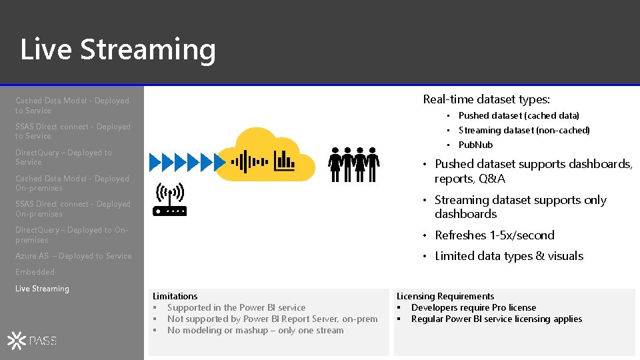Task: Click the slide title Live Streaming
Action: (118, 50)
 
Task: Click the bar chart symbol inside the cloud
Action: (285, 160)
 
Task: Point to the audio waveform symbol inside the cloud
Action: (249, 161)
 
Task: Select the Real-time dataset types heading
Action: (486, 100)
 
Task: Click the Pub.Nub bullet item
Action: (475, 145)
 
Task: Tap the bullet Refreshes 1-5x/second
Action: (494, 235)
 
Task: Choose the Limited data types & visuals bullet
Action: (509, 256)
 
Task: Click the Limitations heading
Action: (175, 296)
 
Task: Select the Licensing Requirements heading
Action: (445, 296)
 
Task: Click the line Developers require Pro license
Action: (473, 307)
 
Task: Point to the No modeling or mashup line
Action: (255, 330)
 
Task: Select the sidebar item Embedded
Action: (35, 272)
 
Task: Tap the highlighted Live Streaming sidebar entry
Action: (42, 289)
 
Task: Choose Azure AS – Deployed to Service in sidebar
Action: (73, 256)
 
